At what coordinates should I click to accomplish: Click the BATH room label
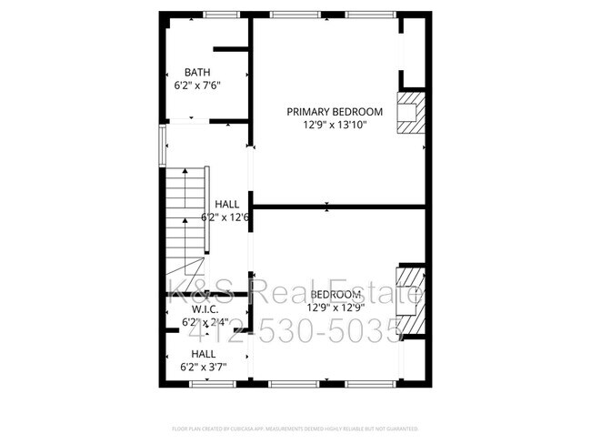(x=198, y=72)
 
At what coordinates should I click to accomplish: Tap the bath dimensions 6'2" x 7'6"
(x=198, y=86)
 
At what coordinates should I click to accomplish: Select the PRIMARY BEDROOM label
(x=335, y=112)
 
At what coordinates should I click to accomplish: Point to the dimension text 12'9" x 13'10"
(x=335, y=126)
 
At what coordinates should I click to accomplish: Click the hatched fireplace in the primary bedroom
(x=413, y=112)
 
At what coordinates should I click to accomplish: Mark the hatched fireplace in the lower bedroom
(x=412, y=300)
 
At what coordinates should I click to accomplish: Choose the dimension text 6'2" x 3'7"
(x=203, y=367)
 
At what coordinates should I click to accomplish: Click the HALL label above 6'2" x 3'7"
(x=203, y=353)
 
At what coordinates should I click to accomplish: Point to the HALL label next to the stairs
(x=227, y=205)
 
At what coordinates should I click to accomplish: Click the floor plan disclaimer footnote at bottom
(x=295, y=427)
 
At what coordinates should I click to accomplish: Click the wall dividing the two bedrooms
(x=338, y=207)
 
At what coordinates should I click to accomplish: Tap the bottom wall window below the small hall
(x=206, y=384)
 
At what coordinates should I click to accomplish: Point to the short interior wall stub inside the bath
(x=231, y=49)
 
